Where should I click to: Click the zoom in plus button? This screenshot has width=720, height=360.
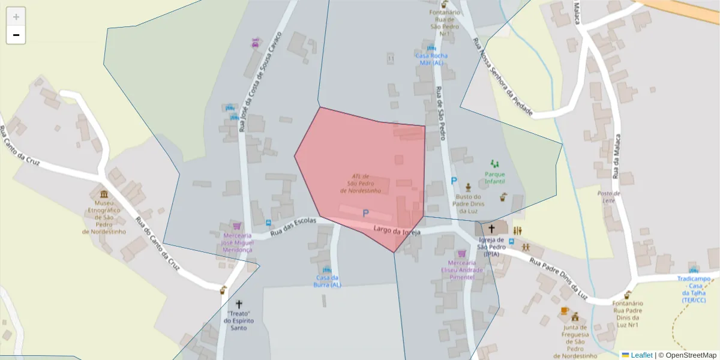point(16,17)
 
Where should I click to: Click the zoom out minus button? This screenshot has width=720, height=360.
point(16,35)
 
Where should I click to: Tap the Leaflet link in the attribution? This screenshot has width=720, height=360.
point(641,355)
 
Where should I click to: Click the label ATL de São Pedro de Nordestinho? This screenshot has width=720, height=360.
point(361,183)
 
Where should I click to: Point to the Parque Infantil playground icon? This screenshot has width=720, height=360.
point(495,163)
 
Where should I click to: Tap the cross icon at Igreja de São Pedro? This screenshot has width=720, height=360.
point(491,229)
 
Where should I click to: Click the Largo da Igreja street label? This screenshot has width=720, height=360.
point(397,230)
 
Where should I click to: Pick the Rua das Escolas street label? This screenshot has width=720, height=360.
point(293,227)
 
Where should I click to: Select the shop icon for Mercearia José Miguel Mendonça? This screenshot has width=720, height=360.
point(237,226)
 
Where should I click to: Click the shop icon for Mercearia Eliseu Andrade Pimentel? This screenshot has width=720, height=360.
point(461,254)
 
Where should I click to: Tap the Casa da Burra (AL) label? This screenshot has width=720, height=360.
point(327,281)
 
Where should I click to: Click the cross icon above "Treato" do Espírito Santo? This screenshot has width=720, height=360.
point(239,304)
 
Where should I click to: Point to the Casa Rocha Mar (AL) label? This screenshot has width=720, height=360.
point(431,59)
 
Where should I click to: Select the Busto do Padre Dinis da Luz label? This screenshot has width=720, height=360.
point(469,203)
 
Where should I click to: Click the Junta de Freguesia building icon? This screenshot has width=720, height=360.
point(575,317)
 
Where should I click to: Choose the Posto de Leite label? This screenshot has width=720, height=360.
point(608,197)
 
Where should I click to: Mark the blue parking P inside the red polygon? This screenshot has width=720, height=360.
point(365,213)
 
